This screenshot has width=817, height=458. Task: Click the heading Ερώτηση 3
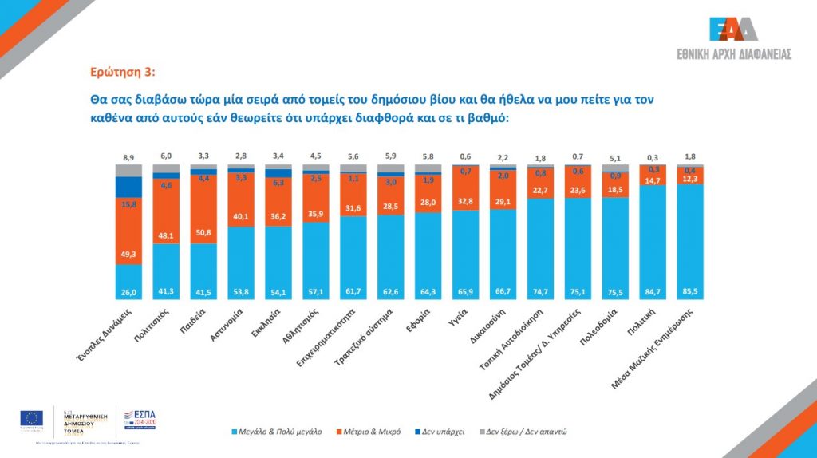coord(121,73)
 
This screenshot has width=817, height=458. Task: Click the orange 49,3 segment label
coord(128,253)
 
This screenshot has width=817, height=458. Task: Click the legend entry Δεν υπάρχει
coord(439,432)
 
